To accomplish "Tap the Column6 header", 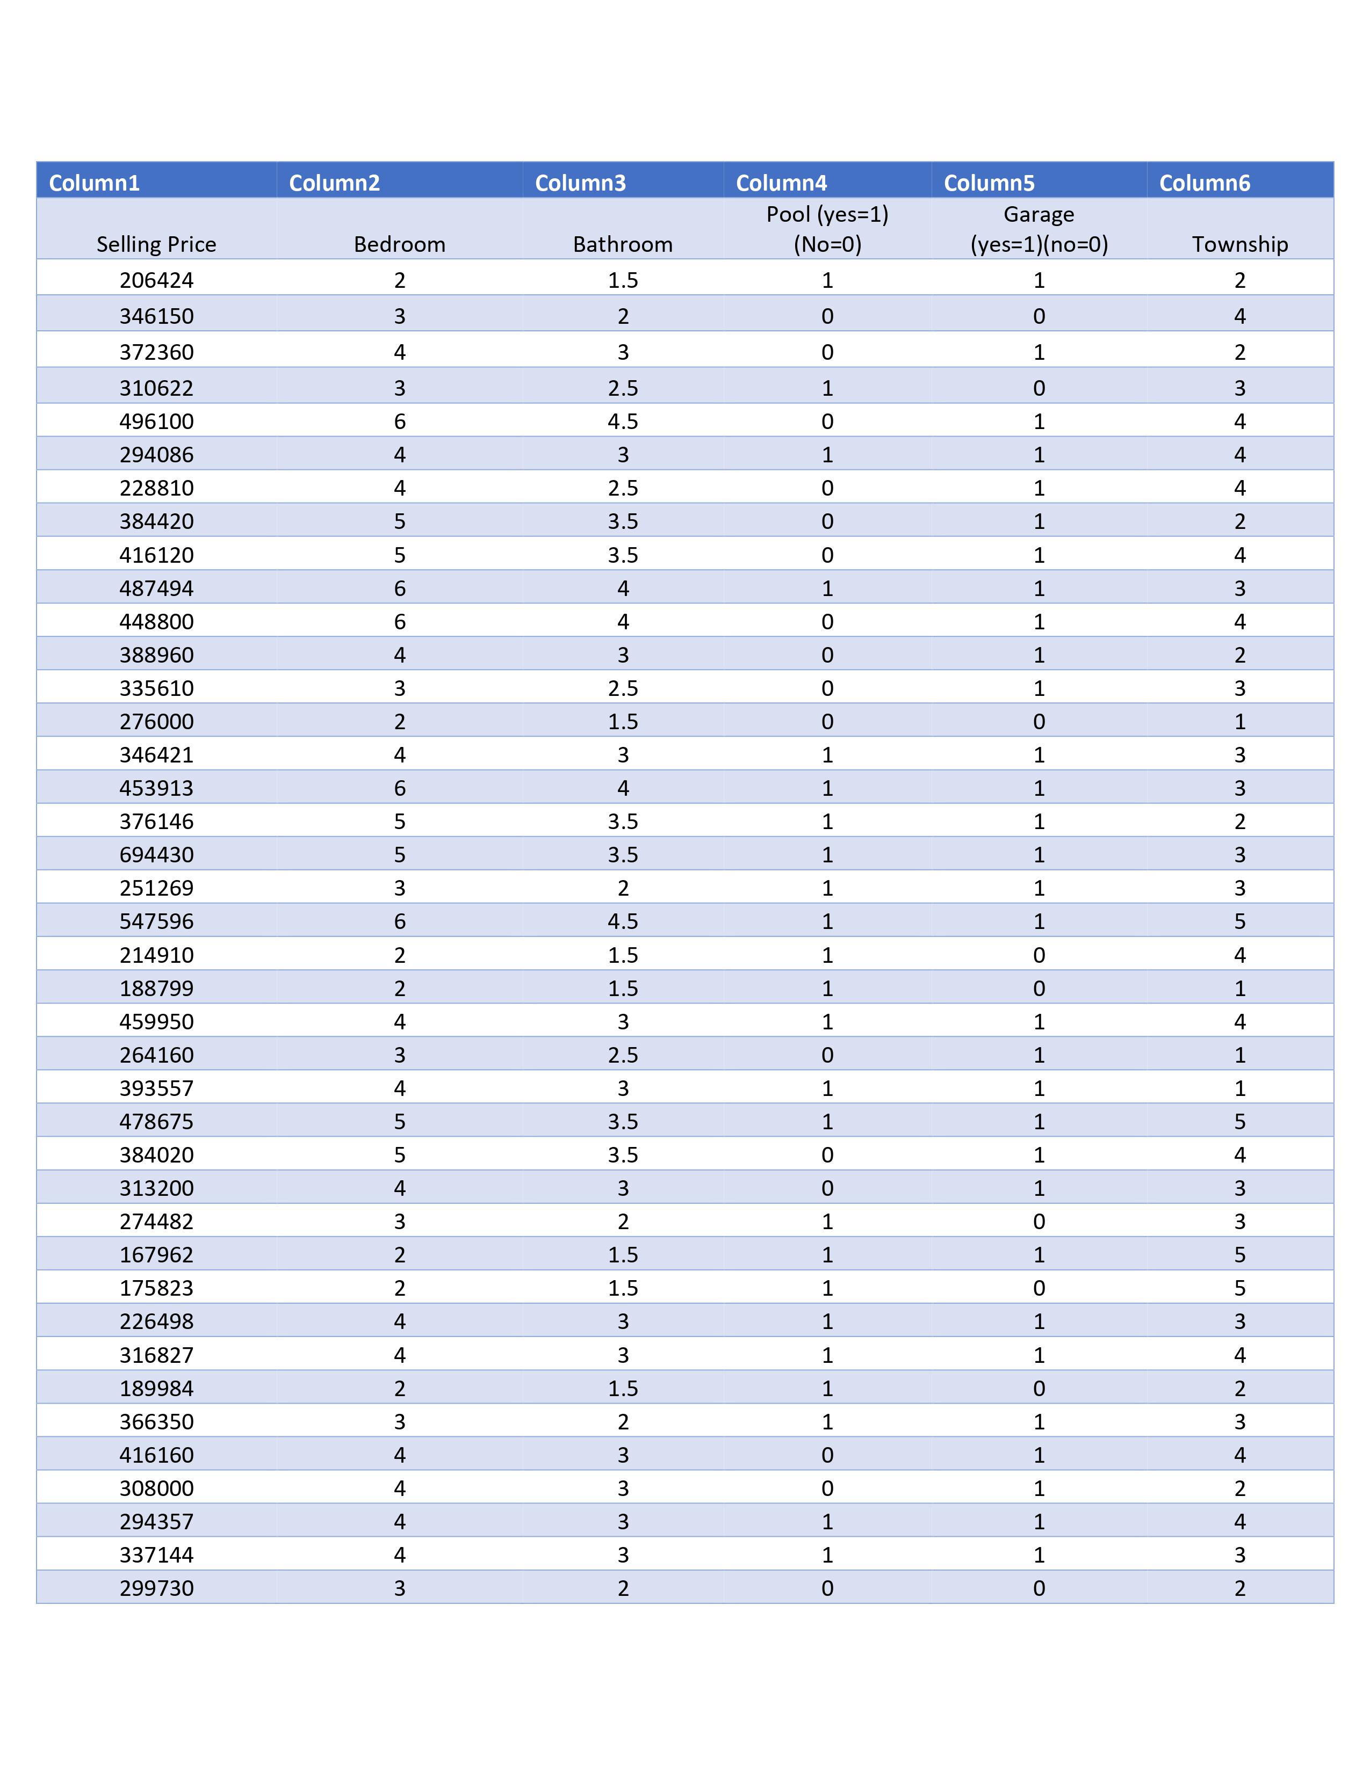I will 1205,183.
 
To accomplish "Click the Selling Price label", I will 157,244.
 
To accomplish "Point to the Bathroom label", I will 623,244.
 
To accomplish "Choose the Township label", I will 1239,244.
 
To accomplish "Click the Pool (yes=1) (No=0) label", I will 827,229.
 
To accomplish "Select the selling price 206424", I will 157,280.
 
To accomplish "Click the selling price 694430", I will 157,854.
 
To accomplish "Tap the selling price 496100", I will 157,421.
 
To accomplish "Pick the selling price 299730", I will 157,1588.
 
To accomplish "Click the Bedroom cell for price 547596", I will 399,921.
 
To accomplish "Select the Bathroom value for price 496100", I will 623,421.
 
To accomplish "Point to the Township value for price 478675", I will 1239,1121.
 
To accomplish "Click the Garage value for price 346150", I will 1039,316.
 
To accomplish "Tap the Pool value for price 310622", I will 827,388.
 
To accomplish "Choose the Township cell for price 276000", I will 1239,721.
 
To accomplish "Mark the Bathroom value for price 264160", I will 623,1055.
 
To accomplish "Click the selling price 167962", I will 157,1254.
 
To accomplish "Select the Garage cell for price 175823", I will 1039,1288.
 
